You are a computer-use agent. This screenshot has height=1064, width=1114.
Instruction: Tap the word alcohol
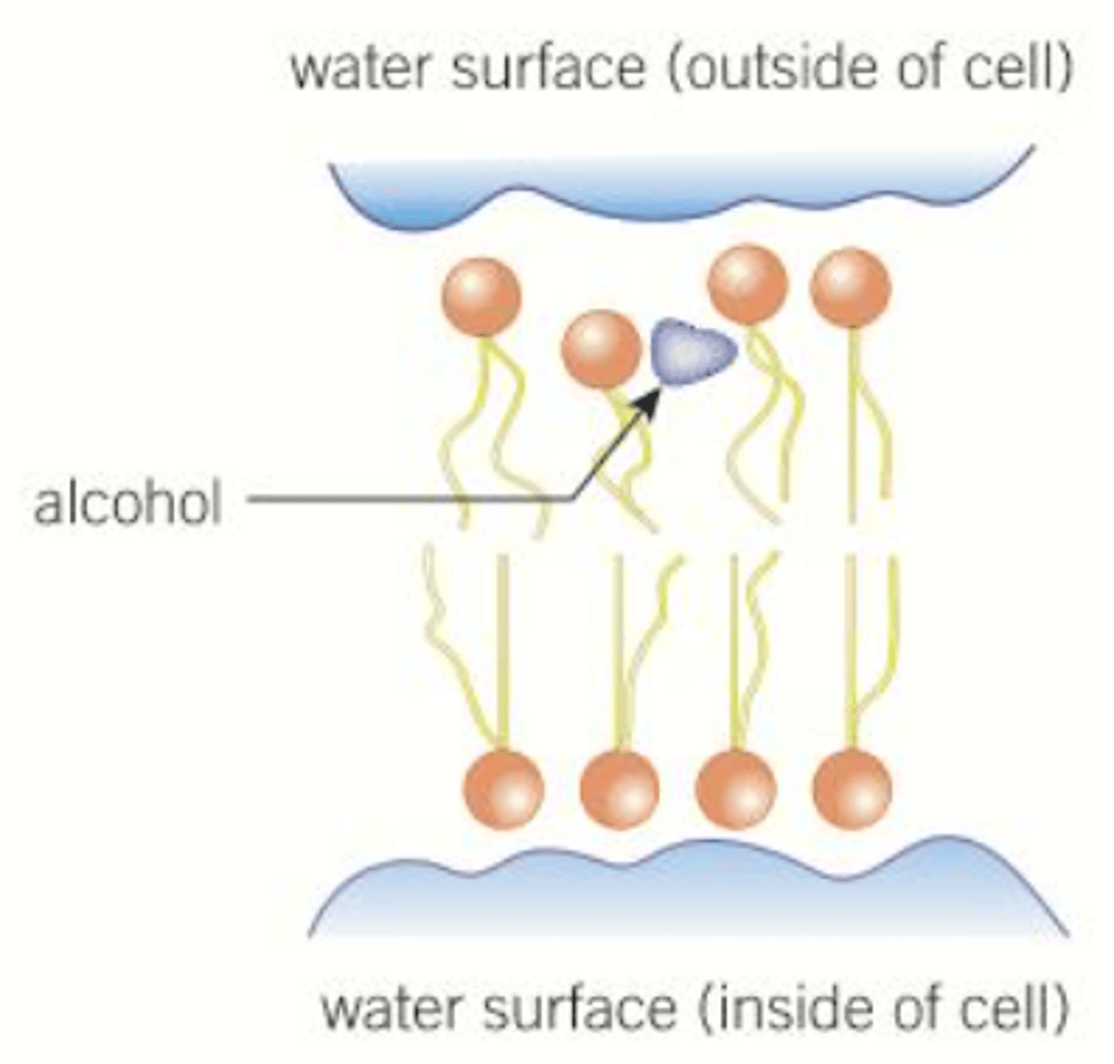click(x=127, y=503)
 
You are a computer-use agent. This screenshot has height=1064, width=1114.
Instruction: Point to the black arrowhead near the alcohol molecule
click(x=649, y=402)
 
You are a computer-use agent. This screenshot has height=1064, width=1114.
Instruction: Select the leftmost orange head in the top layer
click(x=481, y=297)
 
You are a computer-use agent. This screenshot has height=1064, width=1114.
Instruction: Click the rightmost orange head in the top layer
click(x=851, y=288)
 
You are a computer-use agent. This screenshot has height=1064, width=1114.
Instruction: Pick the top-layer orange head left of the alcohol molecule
click(x=600, y=348)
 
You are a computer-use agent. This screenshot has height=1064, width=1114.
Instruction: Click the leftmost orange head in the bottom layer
click(x=503, y=788)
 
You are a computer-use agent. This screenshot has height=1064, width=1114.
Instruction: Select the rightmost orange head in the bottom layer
click(x=851, y=788)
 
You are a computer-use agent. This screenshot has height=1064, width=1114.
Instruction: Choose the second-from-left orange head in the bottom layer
click(x=619, y=788)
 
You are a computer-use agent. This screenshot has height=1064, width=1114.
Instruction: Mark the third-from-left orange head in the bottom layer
click(x=735, y=788)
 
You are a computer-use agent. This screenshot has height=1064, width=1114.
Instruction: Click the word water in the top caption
click(x=364, y=69)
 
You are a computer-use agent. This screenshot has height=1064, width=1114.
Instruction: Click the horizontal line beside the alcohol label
click(x=408, y=499)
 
